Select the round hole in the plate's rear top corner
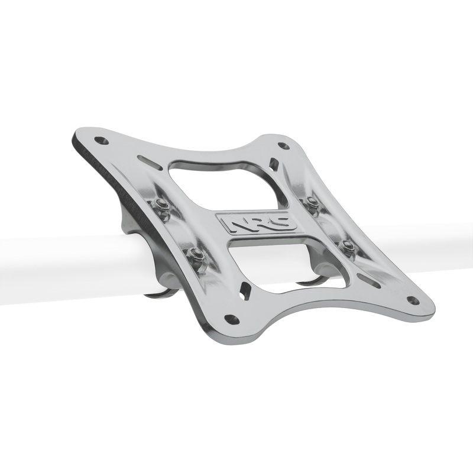click(283, 145)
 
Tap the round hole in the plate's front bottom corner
click(232, 319)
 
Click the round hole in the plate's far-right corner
click(413, 300)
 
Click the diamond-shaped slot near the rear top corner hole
click(274, 164)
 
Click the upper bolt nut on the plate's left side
click(160, 205)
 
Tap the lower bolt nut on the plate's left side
click(196, 255)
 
